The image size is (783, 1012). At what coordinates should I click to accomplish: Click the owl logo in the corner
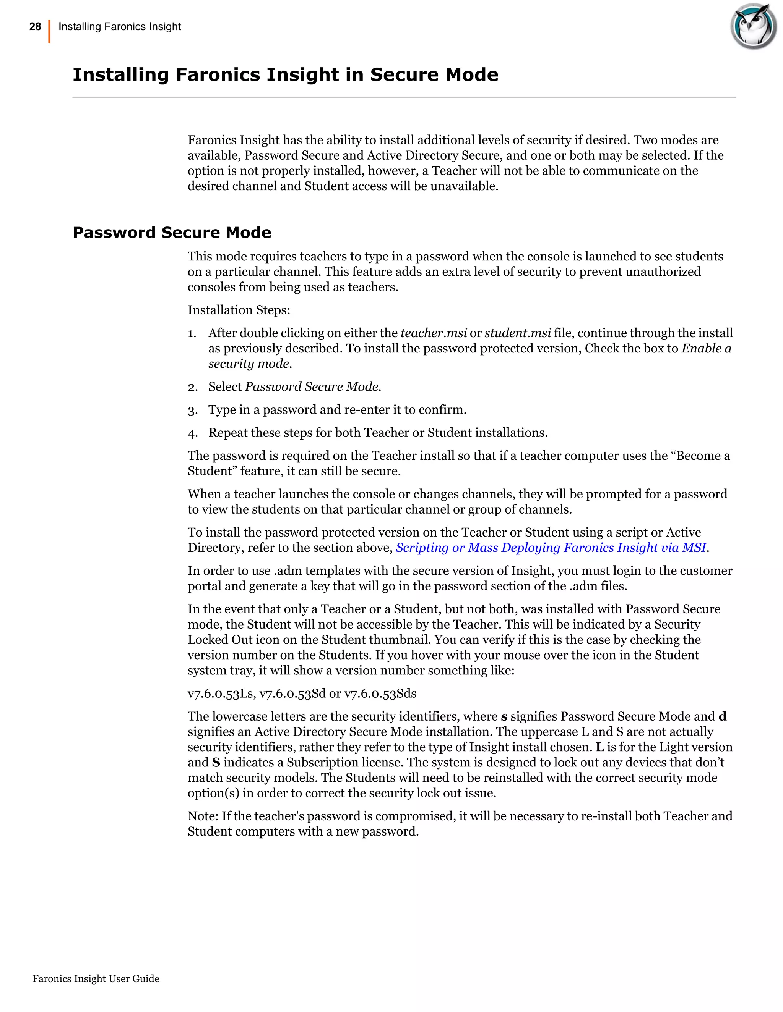coord(753,26)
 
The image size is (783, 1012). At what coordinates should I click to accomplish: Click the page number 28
coord(35,27)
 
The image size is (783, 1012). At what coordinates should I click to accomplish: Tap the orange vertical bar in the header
coord(49,32)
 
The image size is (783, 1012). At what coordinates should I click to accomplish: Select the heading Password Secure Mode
coord(172,232)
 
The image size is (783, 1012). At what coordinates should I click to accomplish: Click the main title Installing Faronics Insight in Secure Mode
coord(285,74)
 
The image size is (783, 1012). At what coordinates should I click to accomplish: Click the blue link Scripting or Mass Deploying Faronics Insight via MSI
coord(551,548)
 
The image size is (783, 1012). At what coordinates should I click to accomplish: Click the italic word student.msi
coord(518,333)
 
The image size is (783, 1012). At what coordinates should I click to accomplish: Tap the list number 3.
coord(193,411)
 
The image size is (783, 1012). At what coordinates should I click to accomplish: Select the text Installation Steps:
coord(239,310)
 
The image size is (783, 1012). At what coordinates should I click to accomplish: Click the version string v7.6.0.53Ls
coord(220,694)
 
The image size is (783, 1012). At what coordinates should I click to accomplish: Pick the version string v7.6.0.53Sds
coord(380,694)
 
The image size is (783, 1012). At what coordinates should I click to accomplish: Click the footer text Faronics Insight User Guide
coord(96,979)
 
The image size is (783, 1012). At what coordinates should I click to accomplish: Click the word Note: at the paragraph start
coord(203,816)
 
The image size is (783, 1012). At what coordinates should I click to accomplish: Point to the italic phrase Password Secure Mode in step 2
coord(313,387)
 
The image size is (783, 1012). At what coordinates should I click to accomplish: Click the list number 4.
coord(193,434)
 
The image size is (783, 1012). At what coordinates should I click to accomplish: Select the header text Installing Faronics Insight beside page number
coord(120,27)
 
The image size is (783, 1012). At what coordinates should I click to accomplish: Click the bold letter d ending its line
coord(722,717)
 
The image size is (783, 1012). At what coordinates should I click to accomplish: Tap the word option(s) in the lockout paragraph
coord(213,793)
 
